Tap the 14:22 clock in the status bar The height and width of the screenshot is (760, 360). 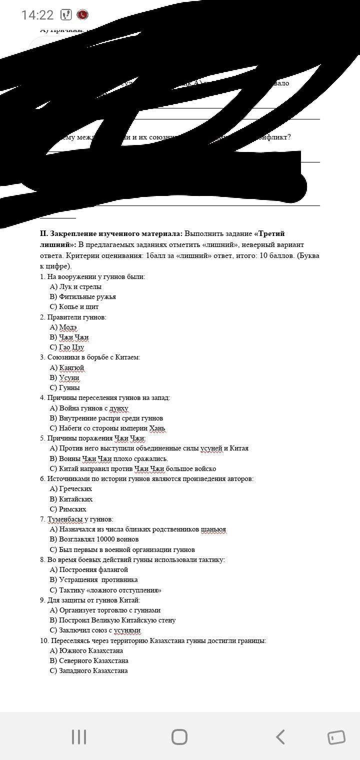tap(37, 15)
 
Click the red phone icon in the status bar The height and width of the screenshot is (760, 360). tap(83, 15)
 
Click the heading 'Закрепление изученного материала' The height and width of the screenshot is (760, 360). tap(111, 233)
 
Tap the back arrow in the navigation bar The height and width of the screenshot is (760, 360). tap(280, 737)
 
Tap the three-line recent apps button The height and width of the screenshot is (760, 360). tap(79, 737)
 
